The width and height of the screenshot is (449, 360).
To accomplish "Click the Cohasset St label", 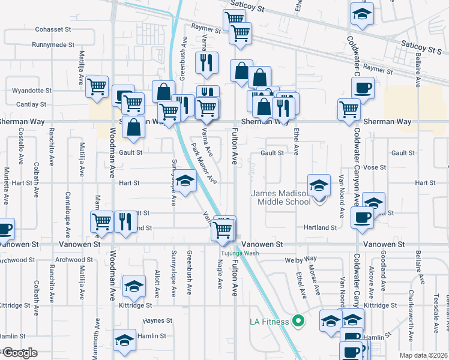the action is pos(53,29).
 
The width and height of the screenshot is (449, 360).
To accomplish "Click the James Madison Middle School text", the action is pos(281,197).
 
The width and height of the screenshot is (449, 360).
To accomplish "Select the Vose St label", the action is pos(374,167).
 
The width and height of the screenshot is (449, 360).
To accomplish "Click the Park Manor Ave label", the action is pos(203,163).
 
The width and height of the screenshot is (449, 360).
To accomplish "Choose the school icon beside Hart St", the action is pos(185,180).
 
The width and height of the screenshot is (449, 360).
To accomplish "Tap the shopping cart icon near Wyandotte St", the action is pos(97,86).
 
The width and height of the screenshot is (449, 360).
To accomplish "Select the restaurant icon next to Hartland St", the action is pos(124,221).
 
